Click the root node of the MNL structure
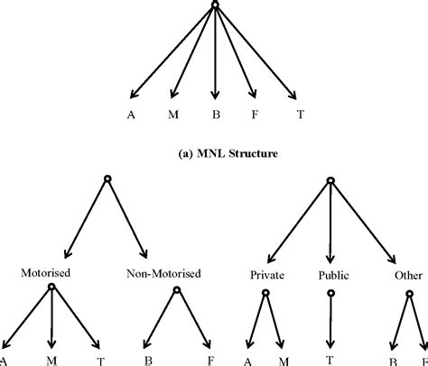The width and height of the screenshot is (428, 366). (x=215, y=5)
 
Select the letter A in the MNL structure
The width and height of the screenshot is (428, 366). (x=132, y=115)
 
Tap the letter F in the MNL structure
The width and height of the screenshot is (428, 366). (x=255, y=115)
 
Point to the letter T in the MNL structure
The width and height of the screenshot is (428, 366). (x=299, y=115)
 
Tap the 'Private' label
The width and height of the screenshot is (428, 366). (x=267, y=272)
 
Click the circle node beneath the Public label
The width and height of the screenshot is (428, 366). (x=330, y=292)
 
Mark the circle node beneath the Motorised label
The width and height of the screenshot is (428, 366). (x=51, y=288)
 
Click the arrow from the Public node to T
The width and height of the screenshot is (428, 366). (x=330, y=320)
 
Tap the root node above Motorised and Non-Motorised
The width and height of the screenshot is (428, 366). (x=107, y=179)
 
